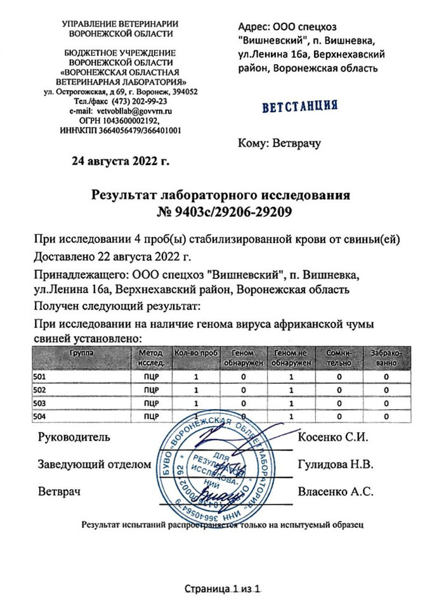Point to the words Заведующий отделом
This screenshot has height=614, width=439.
(x=95, y=464)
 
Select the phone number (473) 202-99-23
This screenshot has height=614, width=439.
(x=140, y=101)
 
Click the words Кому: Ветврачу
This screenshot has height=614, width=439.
(x=279, y=143)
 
